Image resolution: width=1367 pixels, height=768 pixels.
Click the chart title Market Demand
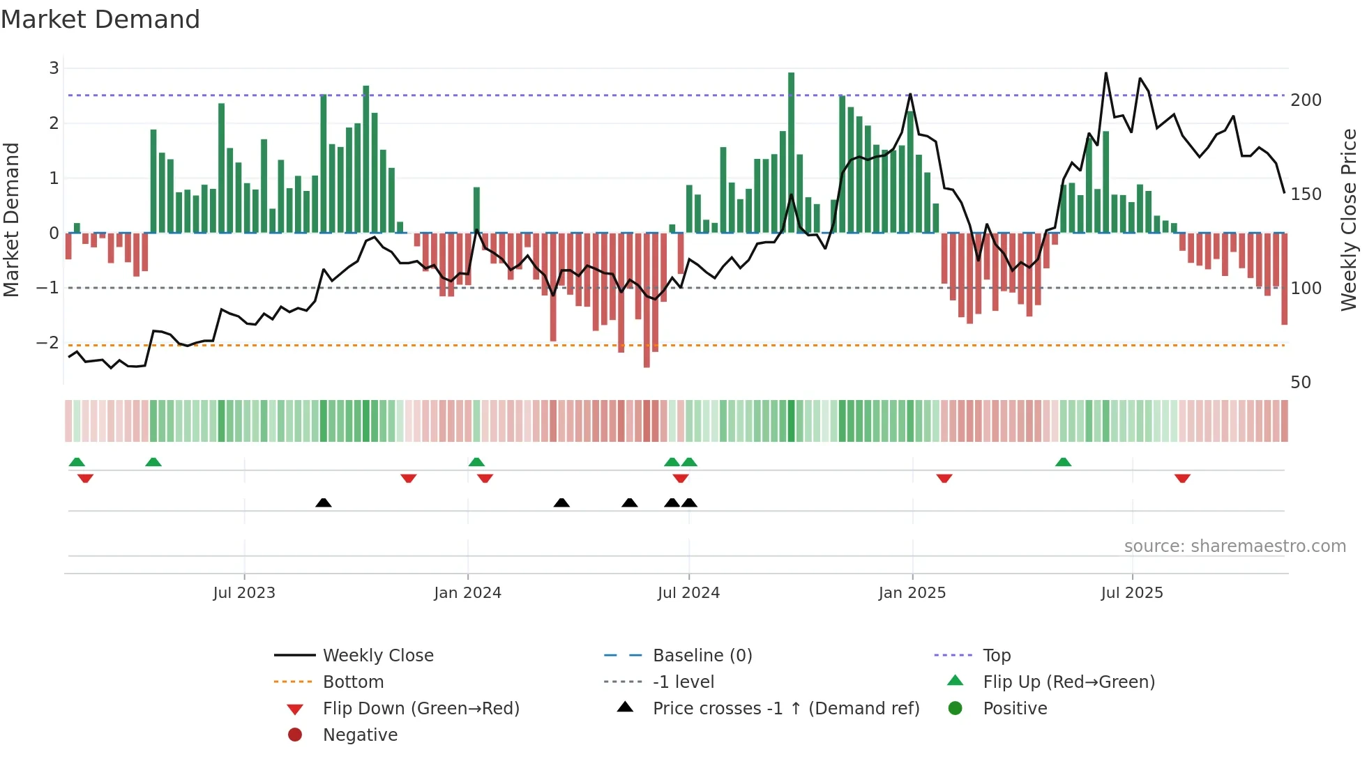(x=100, y=20)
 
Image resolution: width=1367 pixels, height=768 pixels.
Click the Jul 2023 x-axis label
(x=244, y=593)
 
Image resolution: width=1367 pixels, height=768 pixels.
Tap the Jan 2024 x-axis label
(x=467, y=593)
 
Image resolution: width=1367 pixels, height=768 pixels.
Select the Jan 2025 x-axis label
(x=912, y=593)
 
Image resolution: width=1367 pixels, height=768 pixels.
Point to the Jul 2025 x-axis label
(x=1132, y=593)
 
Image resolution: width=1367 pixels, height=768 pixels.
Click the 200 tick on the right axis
(x=1306, y=100)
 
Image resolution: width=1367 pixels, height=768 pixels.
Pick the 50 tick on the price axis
(x=1301, y=383)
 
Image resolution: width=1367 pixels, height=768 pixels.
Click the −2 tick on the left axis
(x=48, y=343)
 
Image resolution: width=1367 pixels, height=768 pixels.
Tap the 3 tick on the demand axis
(x=54, y=68)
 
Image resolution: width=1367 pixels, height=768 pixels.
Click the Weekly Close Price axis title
(x=1349, y=220)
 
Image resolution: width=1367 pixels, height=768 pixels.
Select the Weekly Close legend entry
(x=377, y=656)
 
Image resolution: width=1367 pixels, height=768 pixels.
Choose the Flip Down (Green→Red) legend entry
(x=421, y=709)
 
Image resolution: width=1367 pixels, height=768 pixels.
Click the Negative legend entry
(x=360, y=735)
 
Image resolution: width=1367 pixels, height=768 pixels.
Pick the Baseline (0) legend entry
(x=702, y=656)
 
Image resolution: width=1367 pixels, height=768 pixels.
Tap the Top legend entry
(x=996, y=656)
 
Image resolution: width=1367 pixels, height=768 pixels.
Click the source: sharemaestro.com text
(x=1234, y=546)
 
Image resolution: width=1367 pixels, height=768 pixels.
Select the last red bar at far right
(x=1284, y=279)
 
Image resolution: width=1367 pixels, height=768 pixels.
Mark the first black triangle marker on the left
(x=324, y=502)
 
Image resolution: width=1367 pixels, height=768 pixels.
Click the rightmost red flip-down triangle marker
(x=1182, y=478)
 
